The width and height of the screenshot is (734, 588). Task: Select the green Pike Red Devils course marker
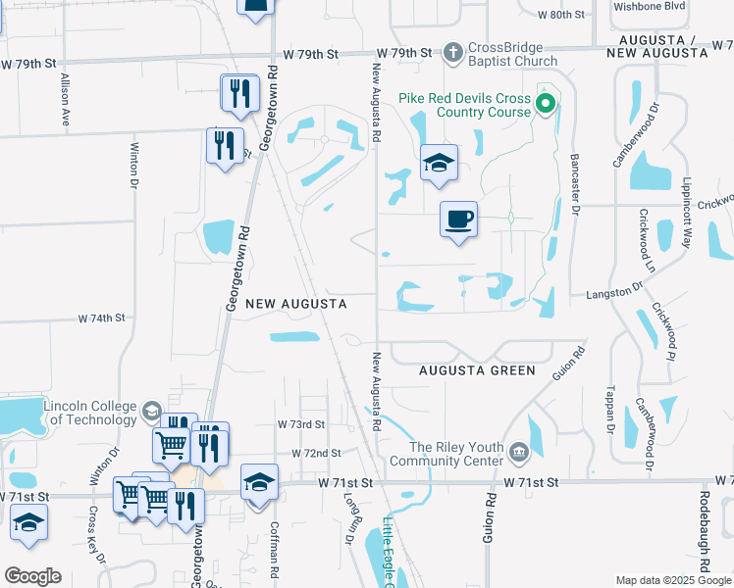[x=546, y=101]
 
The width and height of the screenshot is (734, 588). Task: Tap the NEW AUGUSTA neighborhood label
[x=295, y=305]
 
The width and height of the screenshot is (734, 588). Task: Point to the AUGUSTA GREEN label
[x=477, y=370]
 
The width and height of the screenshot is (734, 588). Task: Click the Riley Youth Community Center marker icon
[x=519, y=452]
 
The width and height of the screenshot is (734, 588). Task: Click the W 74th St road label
[x=102, y=318]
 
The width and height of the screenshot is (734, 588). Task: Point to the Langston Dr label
[x=613, y=291]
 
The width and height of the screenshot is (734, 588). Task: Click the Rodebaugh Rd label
[x=705, y=534]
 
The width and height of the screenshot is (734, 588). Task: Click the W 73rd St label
[x=301, y=425]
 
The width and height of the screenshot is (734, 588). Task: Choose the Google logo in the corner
[x=32, y=576]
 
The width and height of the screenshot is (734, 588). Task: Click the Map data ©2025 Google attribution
[x=672, y=580]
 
